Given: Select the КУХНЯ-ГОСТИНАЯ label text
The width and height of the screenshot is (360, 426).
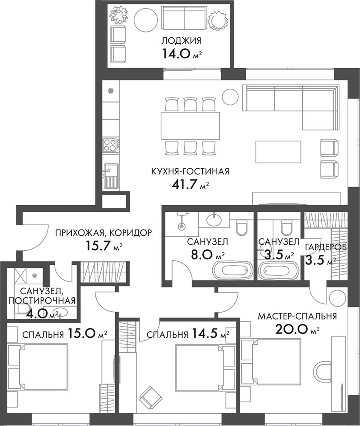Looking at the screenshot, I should [x=184, y=172].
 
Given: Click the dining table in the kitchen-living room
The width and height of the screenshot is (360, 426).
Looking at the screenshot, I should [x=190, y=126].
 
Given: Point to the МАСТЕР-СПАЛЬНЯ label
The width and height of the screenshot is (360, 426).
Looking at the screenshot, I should [x=297, y=316].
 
